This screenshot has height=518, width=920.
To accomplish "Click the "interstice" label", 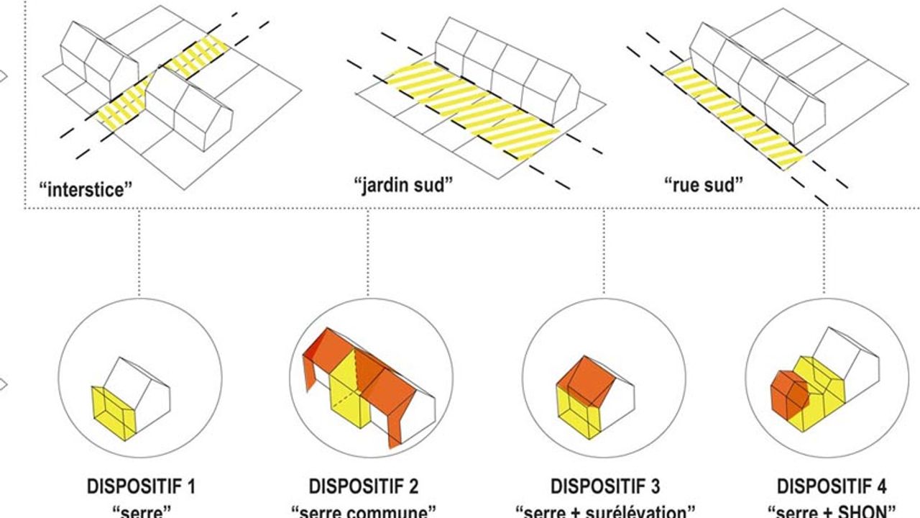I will pyautogui.click(x=86, y=190).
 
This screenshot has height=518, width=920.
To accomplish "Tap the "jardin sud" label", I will pyautogui.click(x=403, y=185).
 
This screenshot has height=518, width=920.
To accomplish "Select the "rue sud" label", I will pyautogui.click(x=703, y=185).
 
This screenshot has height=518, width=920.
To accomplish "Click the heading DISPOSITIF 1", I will pyautogui.click(x=141, y=486).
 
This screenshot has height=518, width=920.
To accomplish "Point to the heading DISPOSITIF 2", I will pyautogui.click(x=364, y=486).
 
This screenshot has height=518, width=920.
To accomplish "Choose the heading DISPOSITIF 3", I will pyautogui.click(x=605, y=486).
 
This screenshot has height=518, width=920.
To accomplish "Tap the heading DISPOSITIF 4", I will pyautogui.click(x=831, y=486).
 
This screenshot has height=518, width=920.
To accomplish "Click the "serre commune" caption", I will pyautogui.click(x=364, y=512).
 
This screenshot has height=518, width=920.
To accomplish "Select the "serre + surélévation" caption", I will pyautogui.click(x=605, y=512).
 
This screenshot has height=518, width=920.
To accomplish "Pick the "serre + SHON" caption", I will pyautogui.click(x=831, y=512).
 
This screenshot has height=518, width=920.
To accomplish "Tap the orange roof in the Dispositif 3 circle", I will pyautogui.click(x=586, y=378).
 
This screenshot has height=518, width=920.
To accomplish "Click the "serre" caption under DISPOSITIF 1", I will pyautogui.click(x=141, y=512).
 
